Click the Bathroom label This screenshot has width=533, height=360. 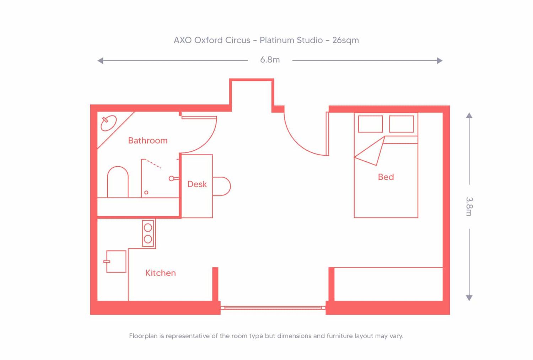pos(147,141)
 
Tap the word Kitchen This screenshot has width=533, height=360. pos(160,273)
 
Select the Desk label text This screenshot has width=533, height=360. pos(197,184)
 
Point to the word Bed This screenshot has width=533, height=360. pos(386,177)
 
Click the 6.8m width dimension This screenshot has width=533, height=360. pos(270,60)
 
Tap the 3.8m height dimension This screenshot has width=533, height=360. pos(469,206)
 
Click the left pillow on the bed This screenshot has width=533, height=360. pos(371,124)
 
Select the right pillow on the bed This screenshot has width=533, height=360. pos(402,124)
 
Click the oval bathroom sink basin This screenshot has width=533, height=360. pos(108,123)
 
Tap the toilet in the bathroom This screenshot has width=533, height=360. pos(118,182)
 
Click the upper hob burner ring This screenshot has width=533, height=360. pos(148,228)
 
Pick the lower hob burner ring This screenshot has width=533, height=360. pos(148,239)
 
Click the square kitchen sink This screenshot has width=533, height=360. pos(116,261)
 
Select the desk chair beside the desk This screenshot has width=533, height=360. pos(222,186)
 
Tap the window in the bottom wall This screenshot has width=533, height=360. pos(273,308)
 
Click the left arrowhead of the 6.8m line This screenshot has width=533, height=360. pos(101,61)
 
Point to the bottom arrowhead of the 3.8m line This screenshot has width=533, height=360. pos(469,298)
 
